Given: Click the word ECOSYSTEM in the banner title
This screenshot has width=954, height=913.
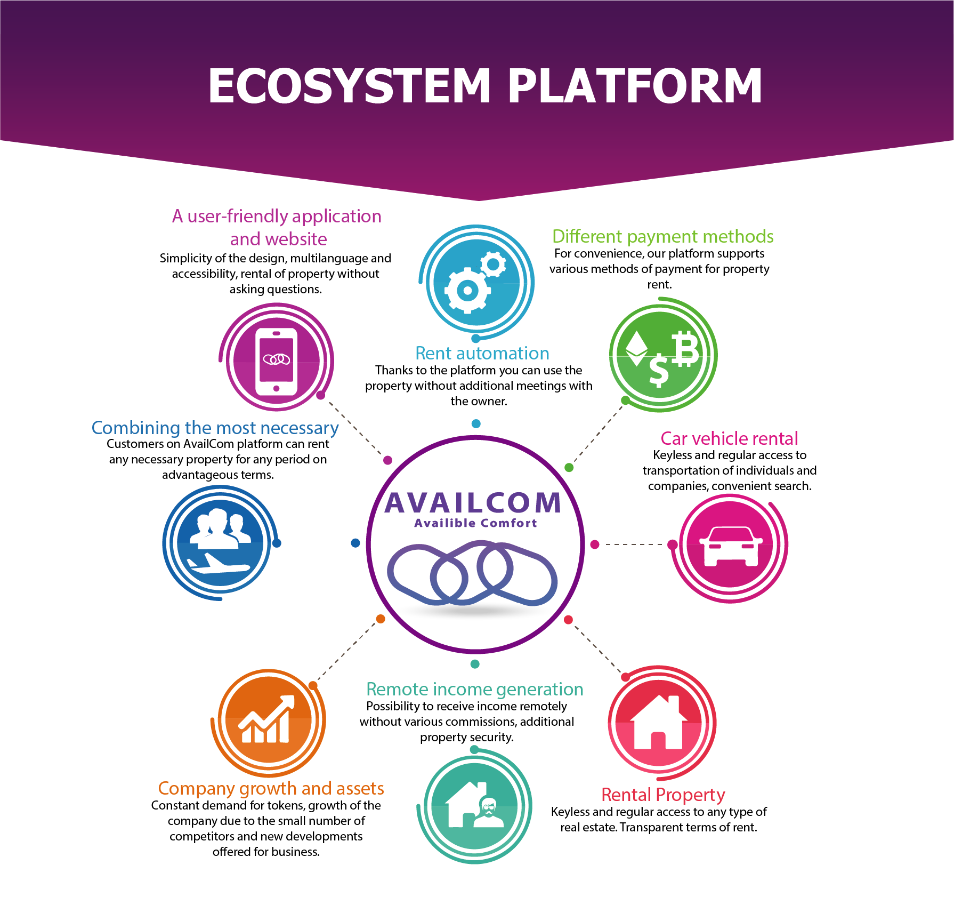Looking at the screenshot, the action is (x=350, y=86).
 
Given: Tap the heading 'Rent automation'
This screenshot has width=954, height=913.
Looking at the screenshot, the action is (x=482, y=353).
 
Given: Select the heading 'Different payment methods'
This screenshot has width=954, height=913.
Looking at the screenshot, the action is (x=662, y=236).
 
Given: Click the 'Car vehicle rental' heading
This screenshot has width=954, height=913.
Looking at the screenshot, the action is (x=729, y=438).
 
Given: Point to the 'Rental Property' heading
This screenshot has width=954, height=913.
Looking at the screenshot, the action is (x=663, y=795).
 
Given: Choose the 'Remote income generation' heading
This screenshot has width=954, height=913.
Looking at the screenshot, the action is (x=474, y=689).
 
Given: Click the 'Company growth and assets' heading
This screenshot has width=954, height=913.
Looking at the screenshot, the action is (x=271, y=788).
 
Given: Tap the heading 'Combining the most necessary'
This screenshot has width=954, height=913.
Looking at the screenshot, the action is (x=215, y=428).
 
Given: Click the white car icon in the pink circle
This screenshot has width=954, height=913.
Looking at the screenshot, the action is (x=731, y=546).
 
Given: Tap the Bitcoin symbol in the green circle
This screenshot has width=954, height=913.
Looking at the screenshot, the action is (x=685, y=348).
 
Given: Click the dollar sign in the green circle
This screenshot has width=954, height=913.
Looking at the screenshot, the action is (x=659, y=370).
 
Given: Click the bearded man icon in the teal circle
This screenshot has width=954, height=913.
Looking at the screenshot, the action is (x=488, y=813).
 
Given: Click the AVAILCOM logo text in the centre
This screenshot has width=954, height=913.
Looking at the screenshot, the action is (x=473, y=503).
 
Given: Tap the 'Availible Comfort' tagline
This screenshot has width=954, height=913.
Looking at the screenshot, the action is (x=475, y=523).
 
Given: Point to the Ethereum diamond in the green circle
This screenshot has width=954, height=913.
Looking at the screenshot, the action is (x=636, y=349).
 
